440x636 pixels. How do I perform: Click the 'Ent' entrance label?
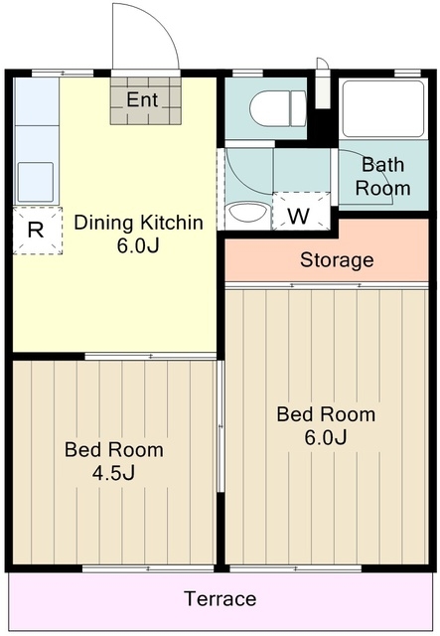pyautogui.click(x=142, y=99)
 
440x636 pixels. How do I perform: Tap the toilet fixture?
pyautogui.click(x=278, y=108)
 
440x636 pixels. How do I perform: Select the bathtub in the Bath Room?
pyautogui.click(x=383, y=108)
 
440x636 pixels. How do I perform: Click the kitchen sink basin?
pyautogui.click(x=36, y=182)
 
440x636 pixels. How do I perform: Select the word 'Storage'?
pyautogui.click(x=337, y=260)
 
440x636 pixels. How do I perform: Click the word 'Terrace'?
pyautogui.click(x=220, y=598)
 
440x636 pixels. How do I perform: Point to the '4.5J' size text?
pyautogui.click(x=113, y=473)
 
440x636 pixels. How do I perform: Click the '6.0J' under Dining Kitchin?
pyautogui.click(x=138, y=245)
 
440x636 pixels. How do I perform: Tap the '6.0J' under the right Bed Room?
pyautogui.click(x=326, y=437)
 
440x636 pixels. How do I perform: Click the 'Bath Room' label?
pyautogui.click(x=382, y=177)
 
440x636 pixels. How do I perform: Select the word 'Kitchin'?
pyautogui.click(x=171, y=223)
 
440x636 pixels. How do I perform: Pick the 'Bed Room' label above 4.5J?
pyautogui.click(x=114, y=450)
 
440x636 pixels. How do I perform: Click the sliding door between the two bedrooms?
pyautogui.click(x=220, y=426)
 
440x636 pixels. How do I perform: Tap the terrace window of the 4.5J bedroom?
pyautogui.click(x=148, y=568)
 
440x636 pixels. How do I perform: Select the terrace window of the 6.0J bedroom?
pyautogui.click(x=296, y=568)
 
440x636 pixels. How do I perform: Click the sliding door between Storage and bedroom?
pyautogui.click(x=327, y=285)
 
